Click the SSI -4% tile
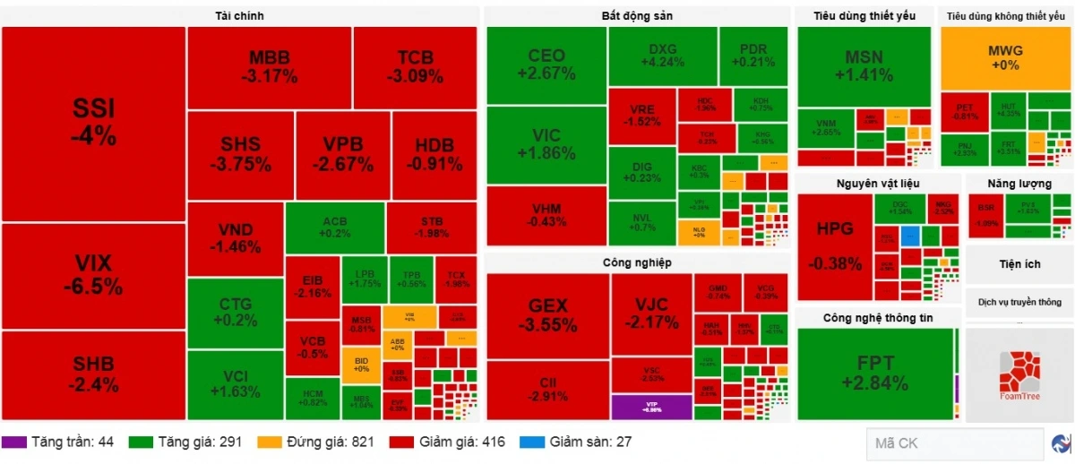pos(93,123)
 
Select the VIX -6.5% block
pos(93,276)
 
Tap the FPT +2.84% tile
pos(874,373)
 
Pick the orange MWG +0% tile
pos(1004,57)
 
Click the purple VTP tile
pos(651,407)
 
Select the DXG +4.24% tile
pos(662,56)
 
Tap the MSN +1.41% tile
pos(864,66)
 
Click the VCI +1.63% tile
pos(235,384)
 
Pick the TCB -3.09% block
pos(415,67)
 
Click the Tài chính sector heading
pos(239,16)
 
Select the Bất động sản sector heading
pos(636,16)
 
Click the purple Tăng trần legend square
pos(13,443)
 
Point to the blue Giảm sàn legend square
pos(531,443)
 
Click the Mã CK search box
pos(953,443)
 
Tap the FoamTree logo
pos(1019,374)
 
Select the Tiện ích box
pos(1019,264)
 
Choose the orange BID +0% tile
pos(361,365)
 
